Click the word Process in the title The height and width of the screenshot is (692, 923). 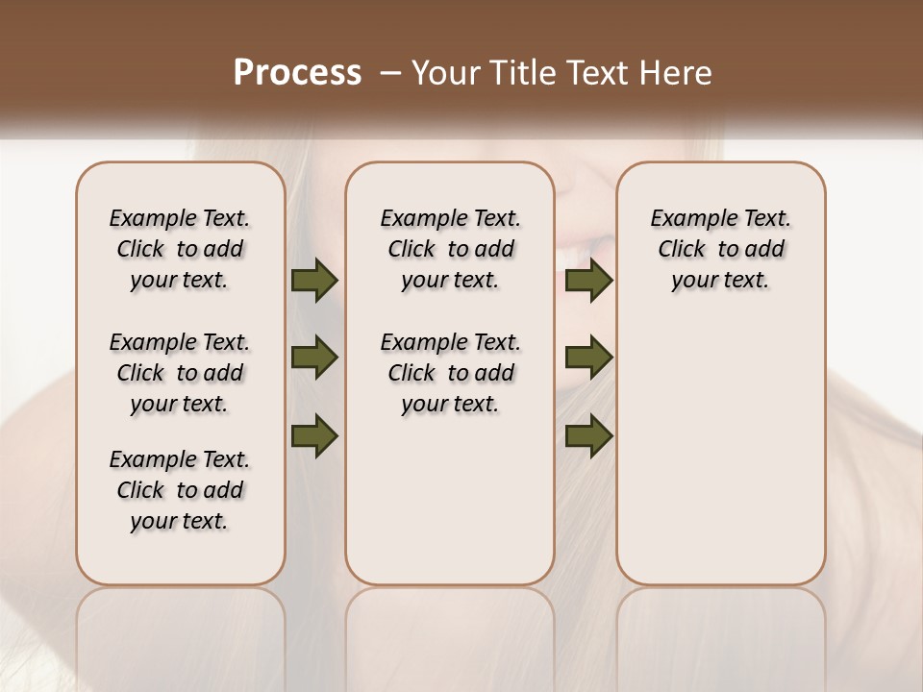pyautogui.click(x=297, y=73)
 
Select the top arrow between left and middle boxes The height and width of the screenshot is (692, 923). pyautogui.click(x=314, y=281)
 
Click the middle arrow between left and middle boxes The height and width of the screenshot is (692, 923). pyautogui.click(x=314, y=358)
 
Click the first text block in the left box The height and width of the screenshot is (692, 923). pyautogui.click(x=180, y=249)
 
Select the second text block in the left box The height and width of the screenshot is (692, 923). pyautogui.click(x=180, y=373)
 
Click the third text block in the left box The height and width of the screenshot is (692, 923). pyautogui.click(x=180, y=490)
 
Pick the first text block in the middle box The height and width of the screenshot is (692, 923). pyautogui.click(x=450, y=249)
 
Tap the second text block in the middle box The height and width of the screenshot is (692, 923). pyautogui.click(x=450, y=373)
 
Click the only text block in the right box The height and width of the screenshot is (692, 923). pyautogui.click(x=721, y=249)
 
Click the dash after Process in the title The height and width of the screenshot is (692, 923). pyautogui.click(x=389, y=73)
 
